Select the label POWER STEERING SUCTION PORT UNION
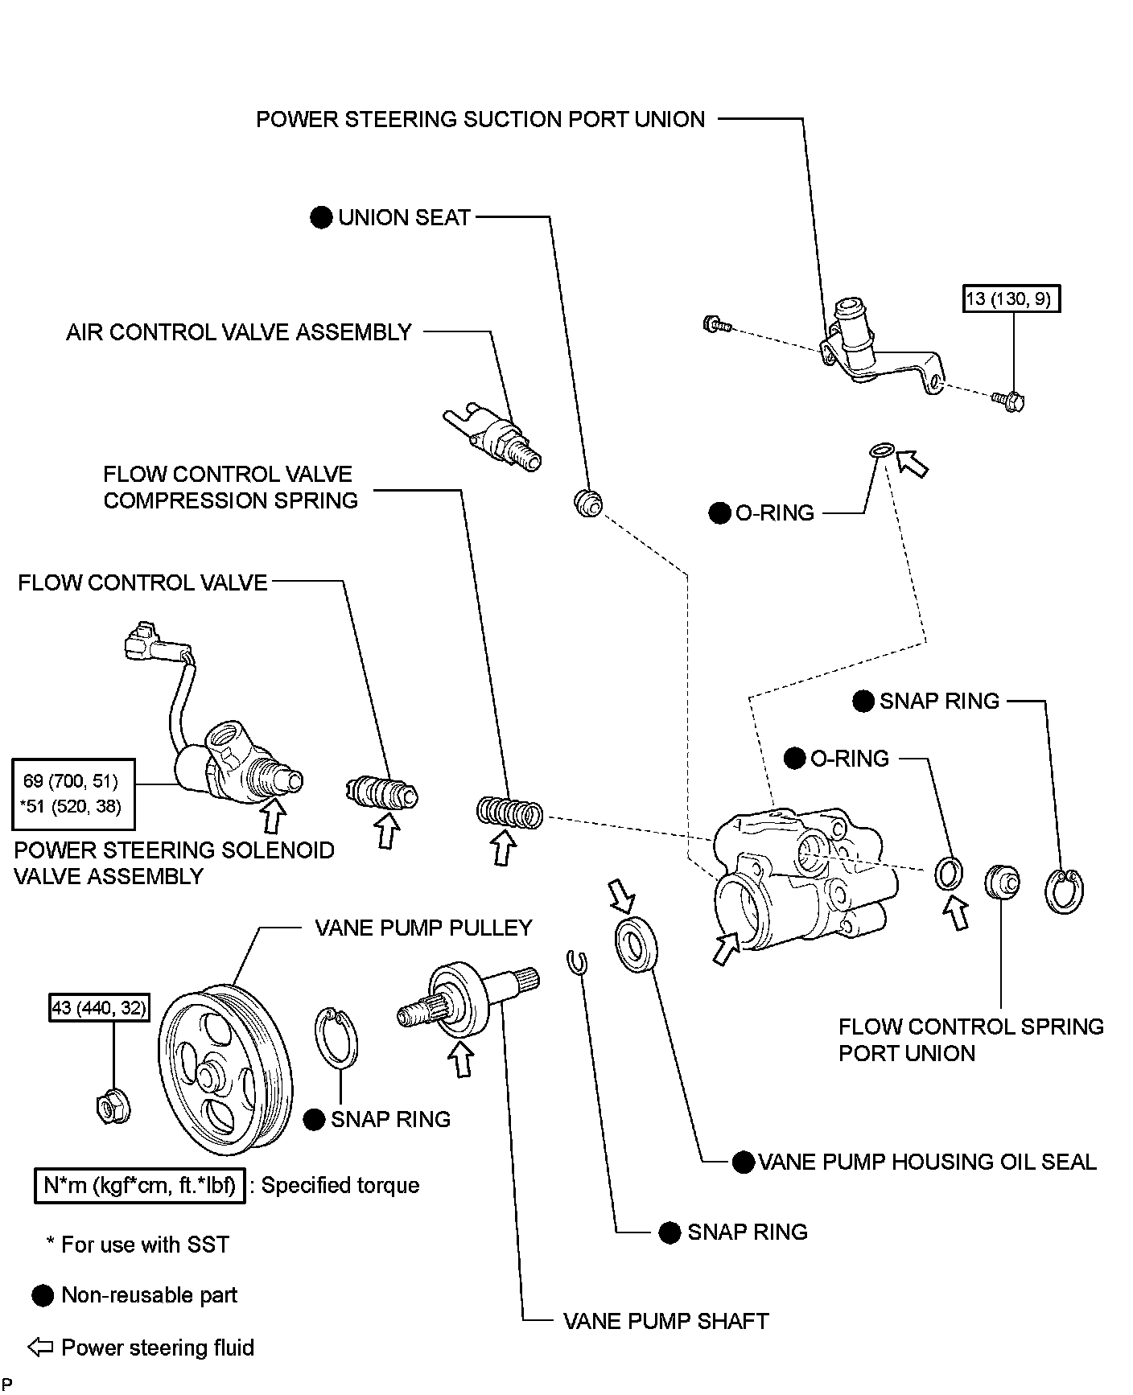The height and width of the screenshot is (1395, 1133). [x=480, y=120]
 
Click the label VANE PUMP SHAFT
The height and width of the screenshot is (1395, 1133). [x=665, y=1321]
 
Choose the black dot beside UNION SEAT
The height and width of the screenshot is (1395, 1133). [x=321, y=218]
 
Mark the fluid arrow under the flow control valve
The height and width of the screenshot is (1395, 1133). [x=388, y=832]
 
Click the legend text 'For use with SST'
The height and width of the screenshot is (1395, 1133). [x=145, y=1245]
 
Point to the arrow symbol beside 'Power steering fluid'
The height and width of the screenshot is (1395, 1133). [x=40, y=1348]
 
